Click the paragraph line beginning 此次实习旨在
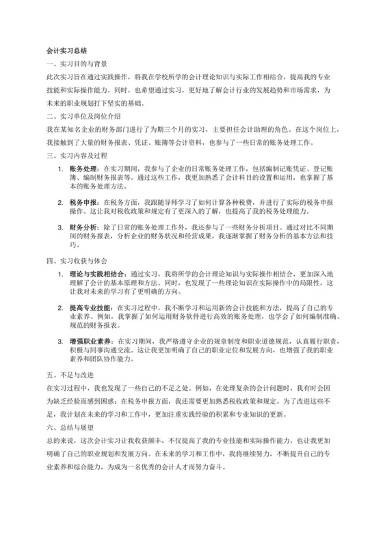coord(191,79)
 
